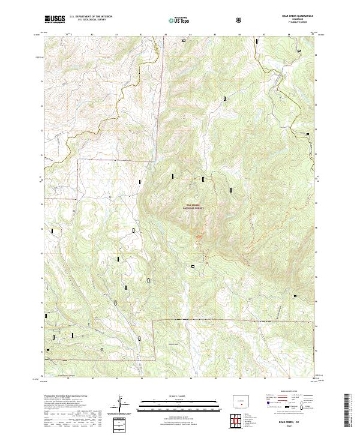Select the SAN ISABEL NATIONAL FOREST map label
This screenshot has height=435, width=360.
193,206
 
